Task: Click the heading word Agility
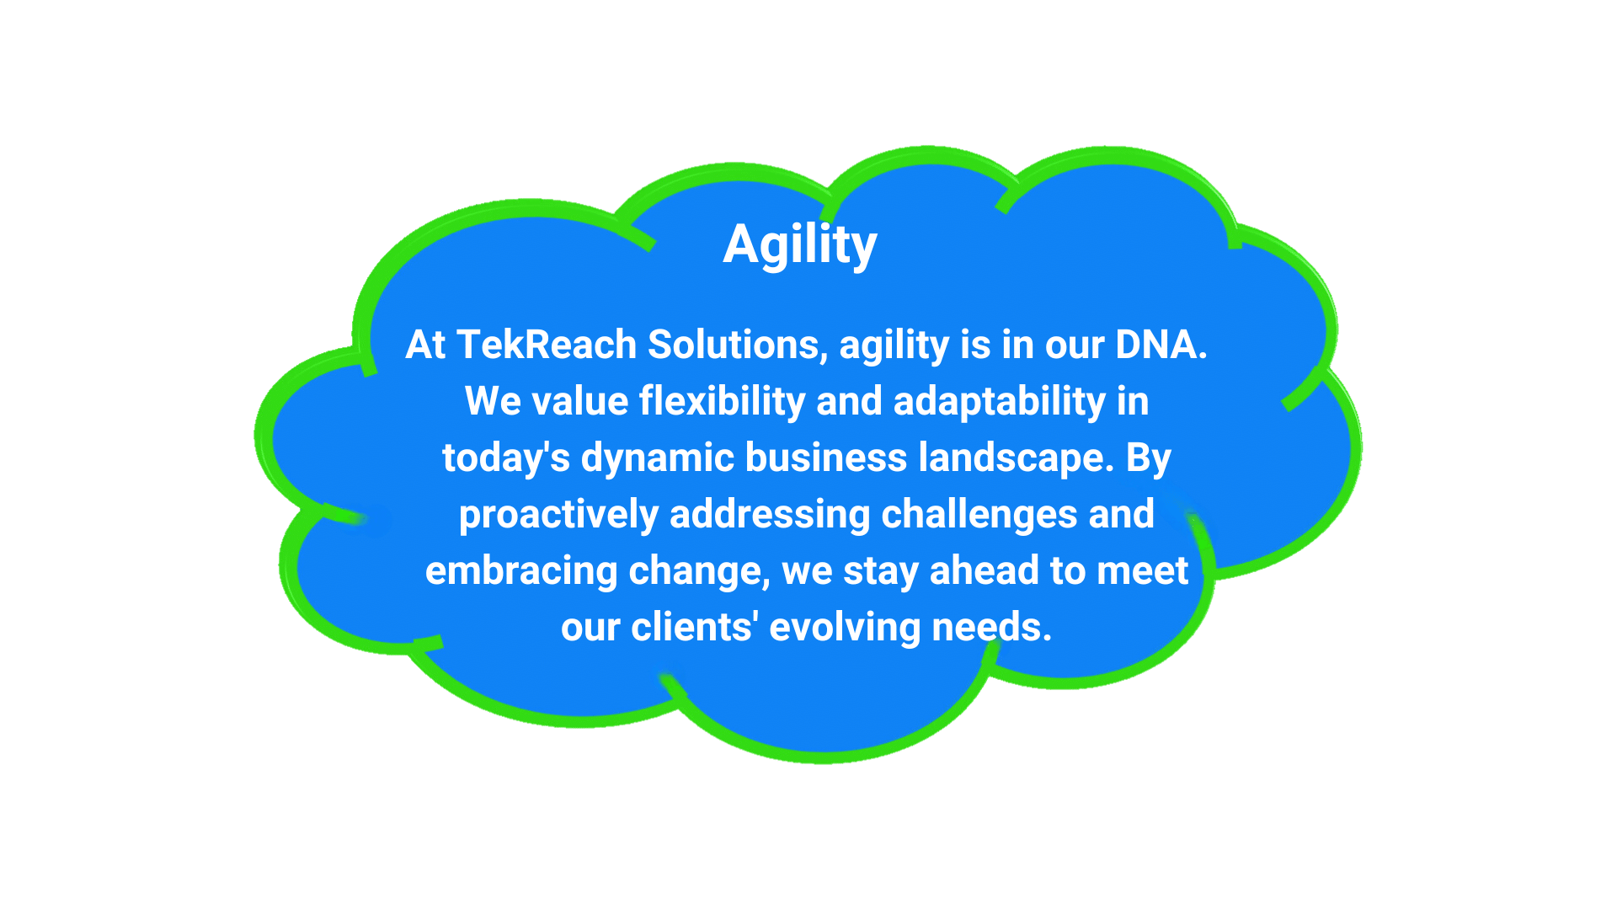[800, 245]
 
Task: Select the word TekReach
[547, 345]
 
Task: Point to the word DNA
[1161, 345]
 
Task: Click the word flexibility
[723, 402]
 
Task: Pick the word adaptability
[1000, 402]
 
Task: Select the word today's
[506, 458]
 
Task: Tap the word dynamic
[658, 458]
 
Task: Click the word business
[826, 458]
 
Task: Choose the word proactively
[558, 515]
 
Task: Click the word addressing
[770, 515]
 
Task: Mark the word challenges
[979, 515]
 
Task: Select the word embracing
[521, 571]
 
